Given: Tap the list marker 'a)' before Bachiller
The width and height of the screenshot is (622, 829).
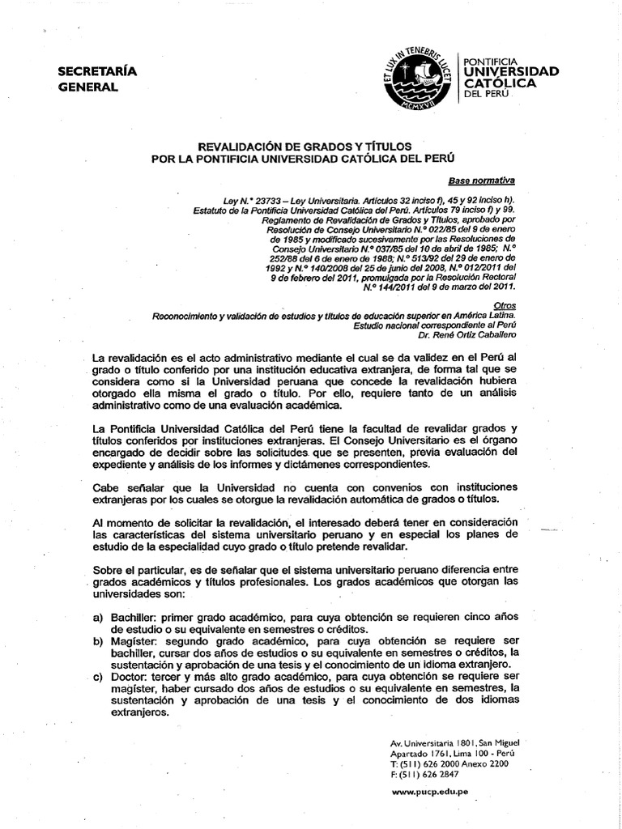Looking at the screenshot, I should point(98,617).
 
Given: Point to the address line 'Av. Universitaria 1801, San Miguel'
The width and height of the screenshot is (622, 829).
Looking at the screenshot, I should point(454,742).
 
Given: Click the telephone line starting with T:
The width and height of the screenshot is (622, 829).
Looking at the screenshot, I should point(449,763).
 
